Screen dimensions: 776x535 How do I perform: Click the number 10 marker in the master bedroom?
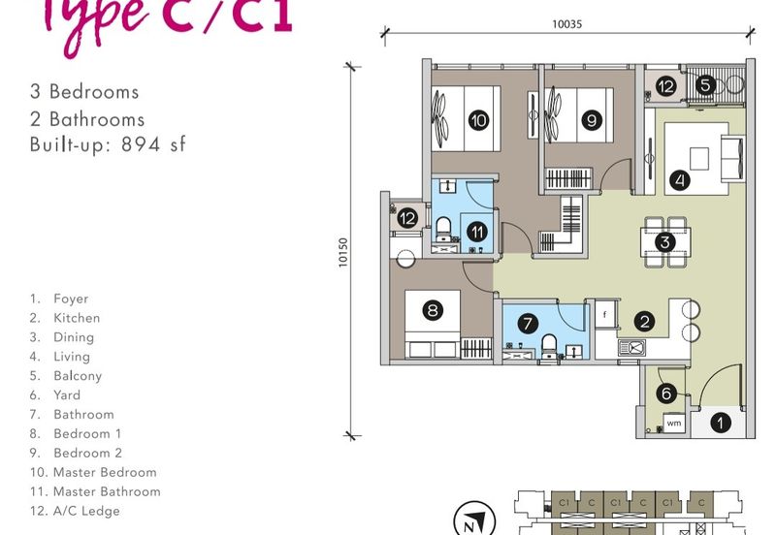pos(478,120)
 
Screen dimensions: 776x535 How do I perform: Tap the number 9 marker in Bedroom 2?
pos(592,120)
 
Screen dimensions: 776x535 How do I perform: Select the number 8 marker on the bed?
pos(433,310)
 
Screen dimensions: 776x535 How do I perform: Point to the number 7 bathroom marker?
pos(528,324)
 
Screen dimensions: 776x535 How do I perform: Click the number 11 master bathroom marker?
pos(477,232)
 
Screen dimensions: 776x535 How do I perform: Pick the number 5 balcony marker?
pos(705,84)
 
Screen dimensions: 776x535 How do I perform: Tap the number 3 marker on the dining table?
pos(665,242)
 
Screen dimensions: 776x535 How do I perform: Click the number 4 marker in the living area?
pos(680,180)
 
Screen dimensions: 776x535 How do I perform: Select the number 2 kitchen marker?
pos(644,322)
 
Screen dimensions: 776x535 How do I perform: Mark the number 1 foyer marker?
pos(720,423)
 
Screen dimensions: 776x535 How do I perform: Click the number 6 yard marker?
pos(666,393)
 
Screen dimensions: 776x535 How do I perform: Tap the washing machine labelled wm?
pos(674,424)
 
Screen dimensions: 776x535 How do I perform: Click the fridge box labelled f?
pos(604,314)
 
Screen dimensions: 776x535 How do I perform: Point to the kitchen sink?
pos(632,348)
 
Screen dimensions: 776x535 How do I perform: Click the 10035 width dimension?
pos(567,23)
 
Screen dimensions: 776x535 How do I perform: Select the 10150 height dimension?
pos(343,253)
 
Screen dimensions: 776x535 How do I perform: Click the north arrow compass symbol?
pos(474,521)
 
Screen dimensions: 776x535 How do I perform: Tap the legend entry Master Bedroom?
pos(105,472)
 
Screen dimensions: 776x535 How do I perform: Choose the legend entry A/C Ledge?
pos(86,511)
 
